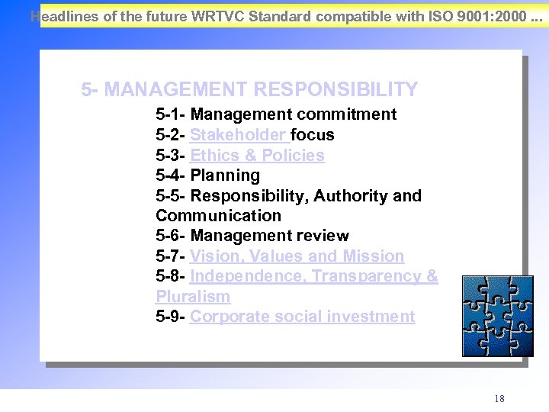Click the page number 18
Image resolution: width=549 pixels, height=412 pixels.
(x=499, y=399)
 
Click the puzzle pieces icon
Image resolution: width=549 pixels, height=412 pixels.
(x=497, y=317)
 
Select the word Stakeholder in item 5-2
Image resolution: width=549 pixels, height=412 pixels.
(x=238, y=135)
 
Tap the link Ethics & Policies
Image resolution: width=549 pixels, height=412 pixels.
(x=257, y=156)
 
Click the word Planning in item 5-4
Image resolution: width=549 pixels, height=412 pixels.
(x=225, y=175)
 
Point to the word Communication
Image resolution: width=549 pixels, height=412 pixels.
(x=218, y=216)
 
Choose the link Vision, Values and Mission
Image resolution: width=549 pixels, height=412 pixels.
(x=297, y=256)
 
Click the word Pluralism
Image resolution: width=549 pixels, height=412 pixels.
(x=193, y=297)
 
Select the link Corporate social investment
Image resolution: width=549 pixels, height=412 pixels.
(x=302, y=317)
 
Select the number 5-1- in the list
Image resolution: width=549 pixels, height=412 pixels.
(x=171, y=115)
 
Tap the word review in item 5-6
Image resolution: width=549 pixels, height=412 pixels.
(x=324, y=236)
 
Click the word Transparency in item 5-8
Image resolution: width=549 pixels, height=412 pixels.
(x=364, y=276)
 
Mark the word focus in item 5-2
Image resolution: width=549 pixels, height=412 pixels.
(x=313, y=135)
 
